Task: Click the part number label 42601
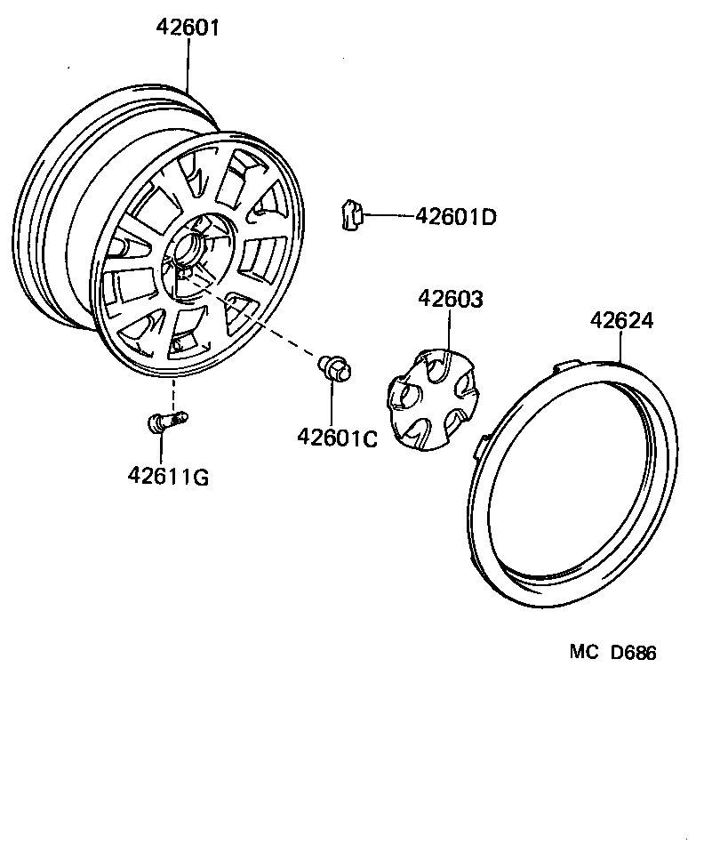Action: point(188,28)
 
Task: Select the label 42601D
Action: point(456,216)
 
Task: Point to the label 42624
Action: point(620,321)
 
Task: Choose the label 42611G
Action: point(168,477)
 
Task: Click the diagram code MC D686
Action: point(612,653)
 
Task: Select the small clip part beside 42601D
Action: point(351,214)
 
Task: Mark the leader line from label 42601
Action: point(188,62)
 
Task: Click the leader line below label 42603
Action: point(450,334)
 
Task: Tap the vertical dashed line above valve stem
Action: point(172,391)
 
